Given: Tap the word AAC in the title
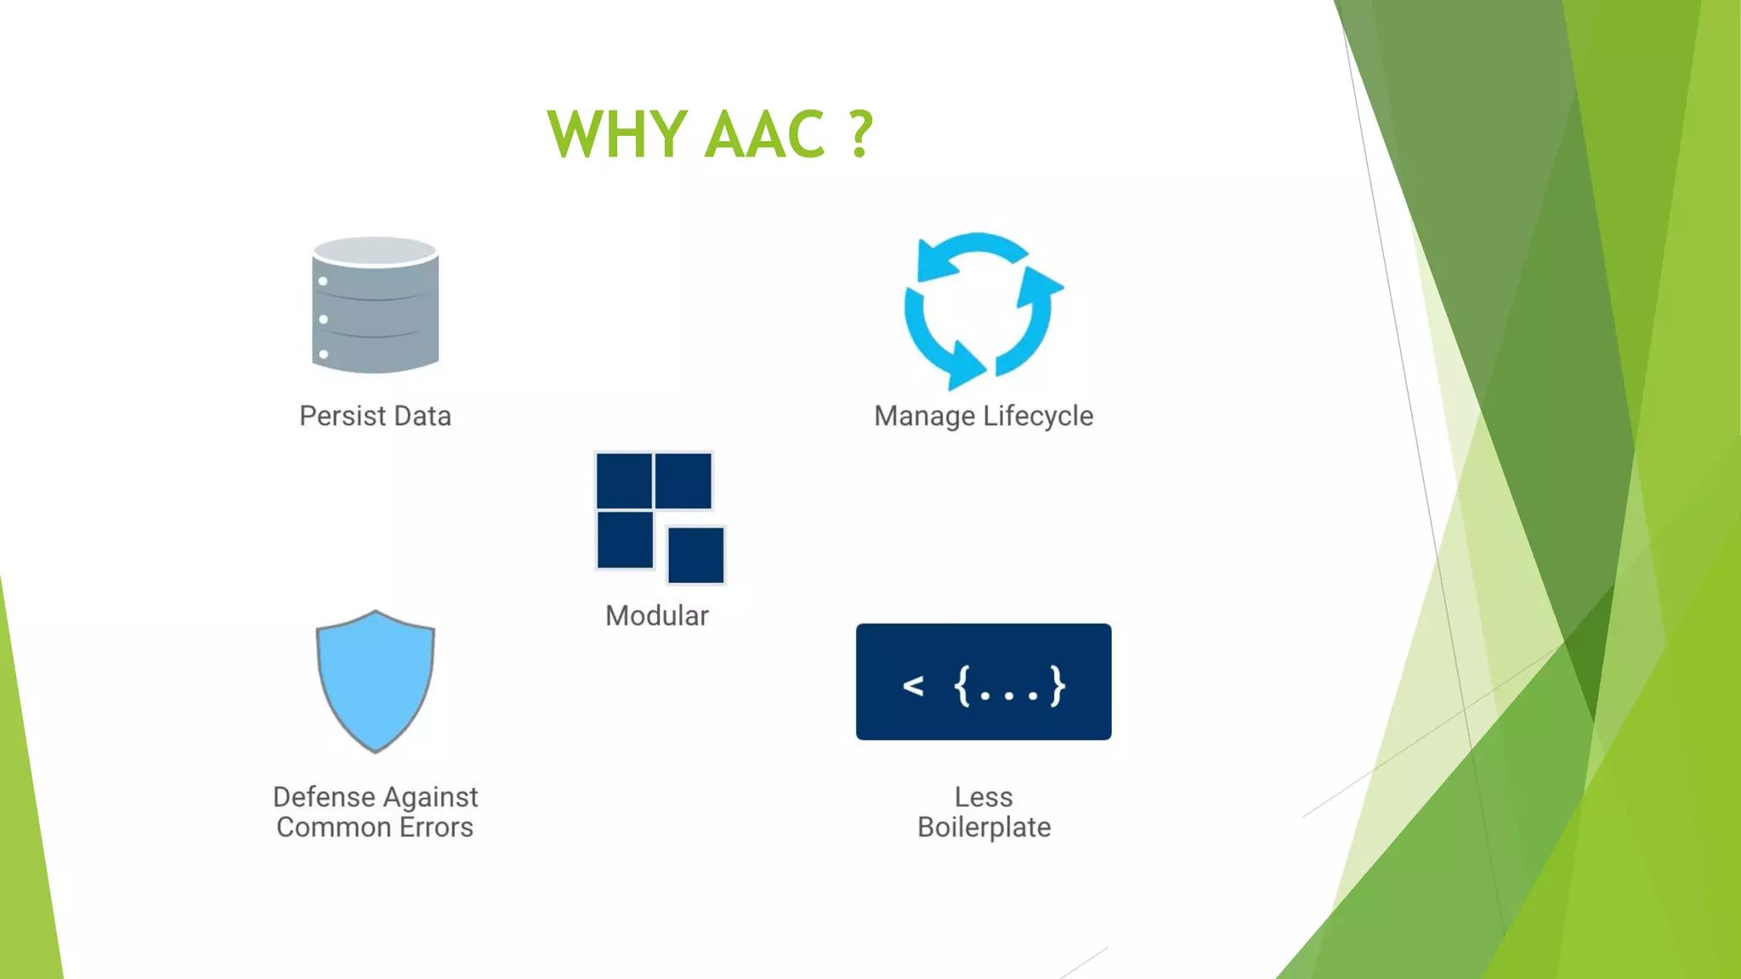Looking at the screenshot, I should (x=765, y=134).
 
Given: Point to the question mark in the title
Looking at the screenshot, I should (x=860, y=134).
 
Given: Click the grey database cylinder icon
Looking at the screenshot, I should (x=375, y=305).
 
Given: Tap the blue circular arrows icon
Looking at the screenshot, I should (x=982, y=310).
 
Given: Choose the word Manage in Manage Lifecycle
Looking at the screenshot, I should (x=924, y=416).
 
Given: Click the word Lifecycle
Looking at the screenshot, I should (x=1038, y=416).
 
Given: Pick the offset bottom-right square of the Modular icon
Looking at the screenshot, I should (x=695, y=555).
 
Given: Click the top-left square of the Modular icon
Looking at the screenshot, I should (x=624, y=481).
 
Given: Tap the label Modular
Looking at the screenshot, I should (x=656, y=615).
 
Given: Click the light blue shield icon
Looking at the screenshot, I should (x=375, y=680).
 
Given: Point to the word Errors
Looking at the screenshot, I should (x=436, y=828).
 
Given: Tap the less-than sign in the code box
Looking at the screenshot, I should (x=913, y=685).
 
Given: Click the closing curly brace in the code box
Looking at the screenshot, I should (x=1057, y=685).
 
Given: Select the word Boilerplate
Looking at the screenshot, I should (x=984, y=828).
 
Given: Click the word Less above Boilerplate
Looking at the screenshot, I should (x=984, y=797).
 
